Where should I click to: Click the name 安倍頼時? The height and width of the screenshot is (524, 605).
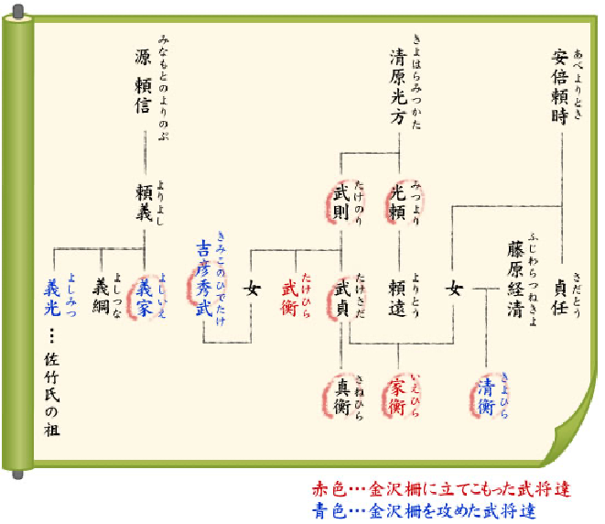[560, 84]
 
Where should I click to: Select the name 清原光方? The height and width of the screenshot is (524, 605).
[398, 84]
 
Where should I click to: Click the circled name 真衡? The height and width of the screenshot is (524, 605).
[341, 395]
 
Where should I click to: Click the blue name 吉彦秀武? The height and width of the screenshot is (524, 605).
[204, 279]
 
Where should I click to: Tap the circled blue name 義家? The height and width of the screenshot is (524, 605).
[146, 295]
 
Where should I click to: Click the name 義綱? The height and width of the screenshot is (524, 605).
[101, 295]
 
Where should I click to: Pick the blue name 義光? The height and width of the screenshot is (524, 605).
[52, 295]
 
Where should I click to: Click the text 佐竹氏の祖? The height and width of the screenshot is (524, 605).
[52, 394]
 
